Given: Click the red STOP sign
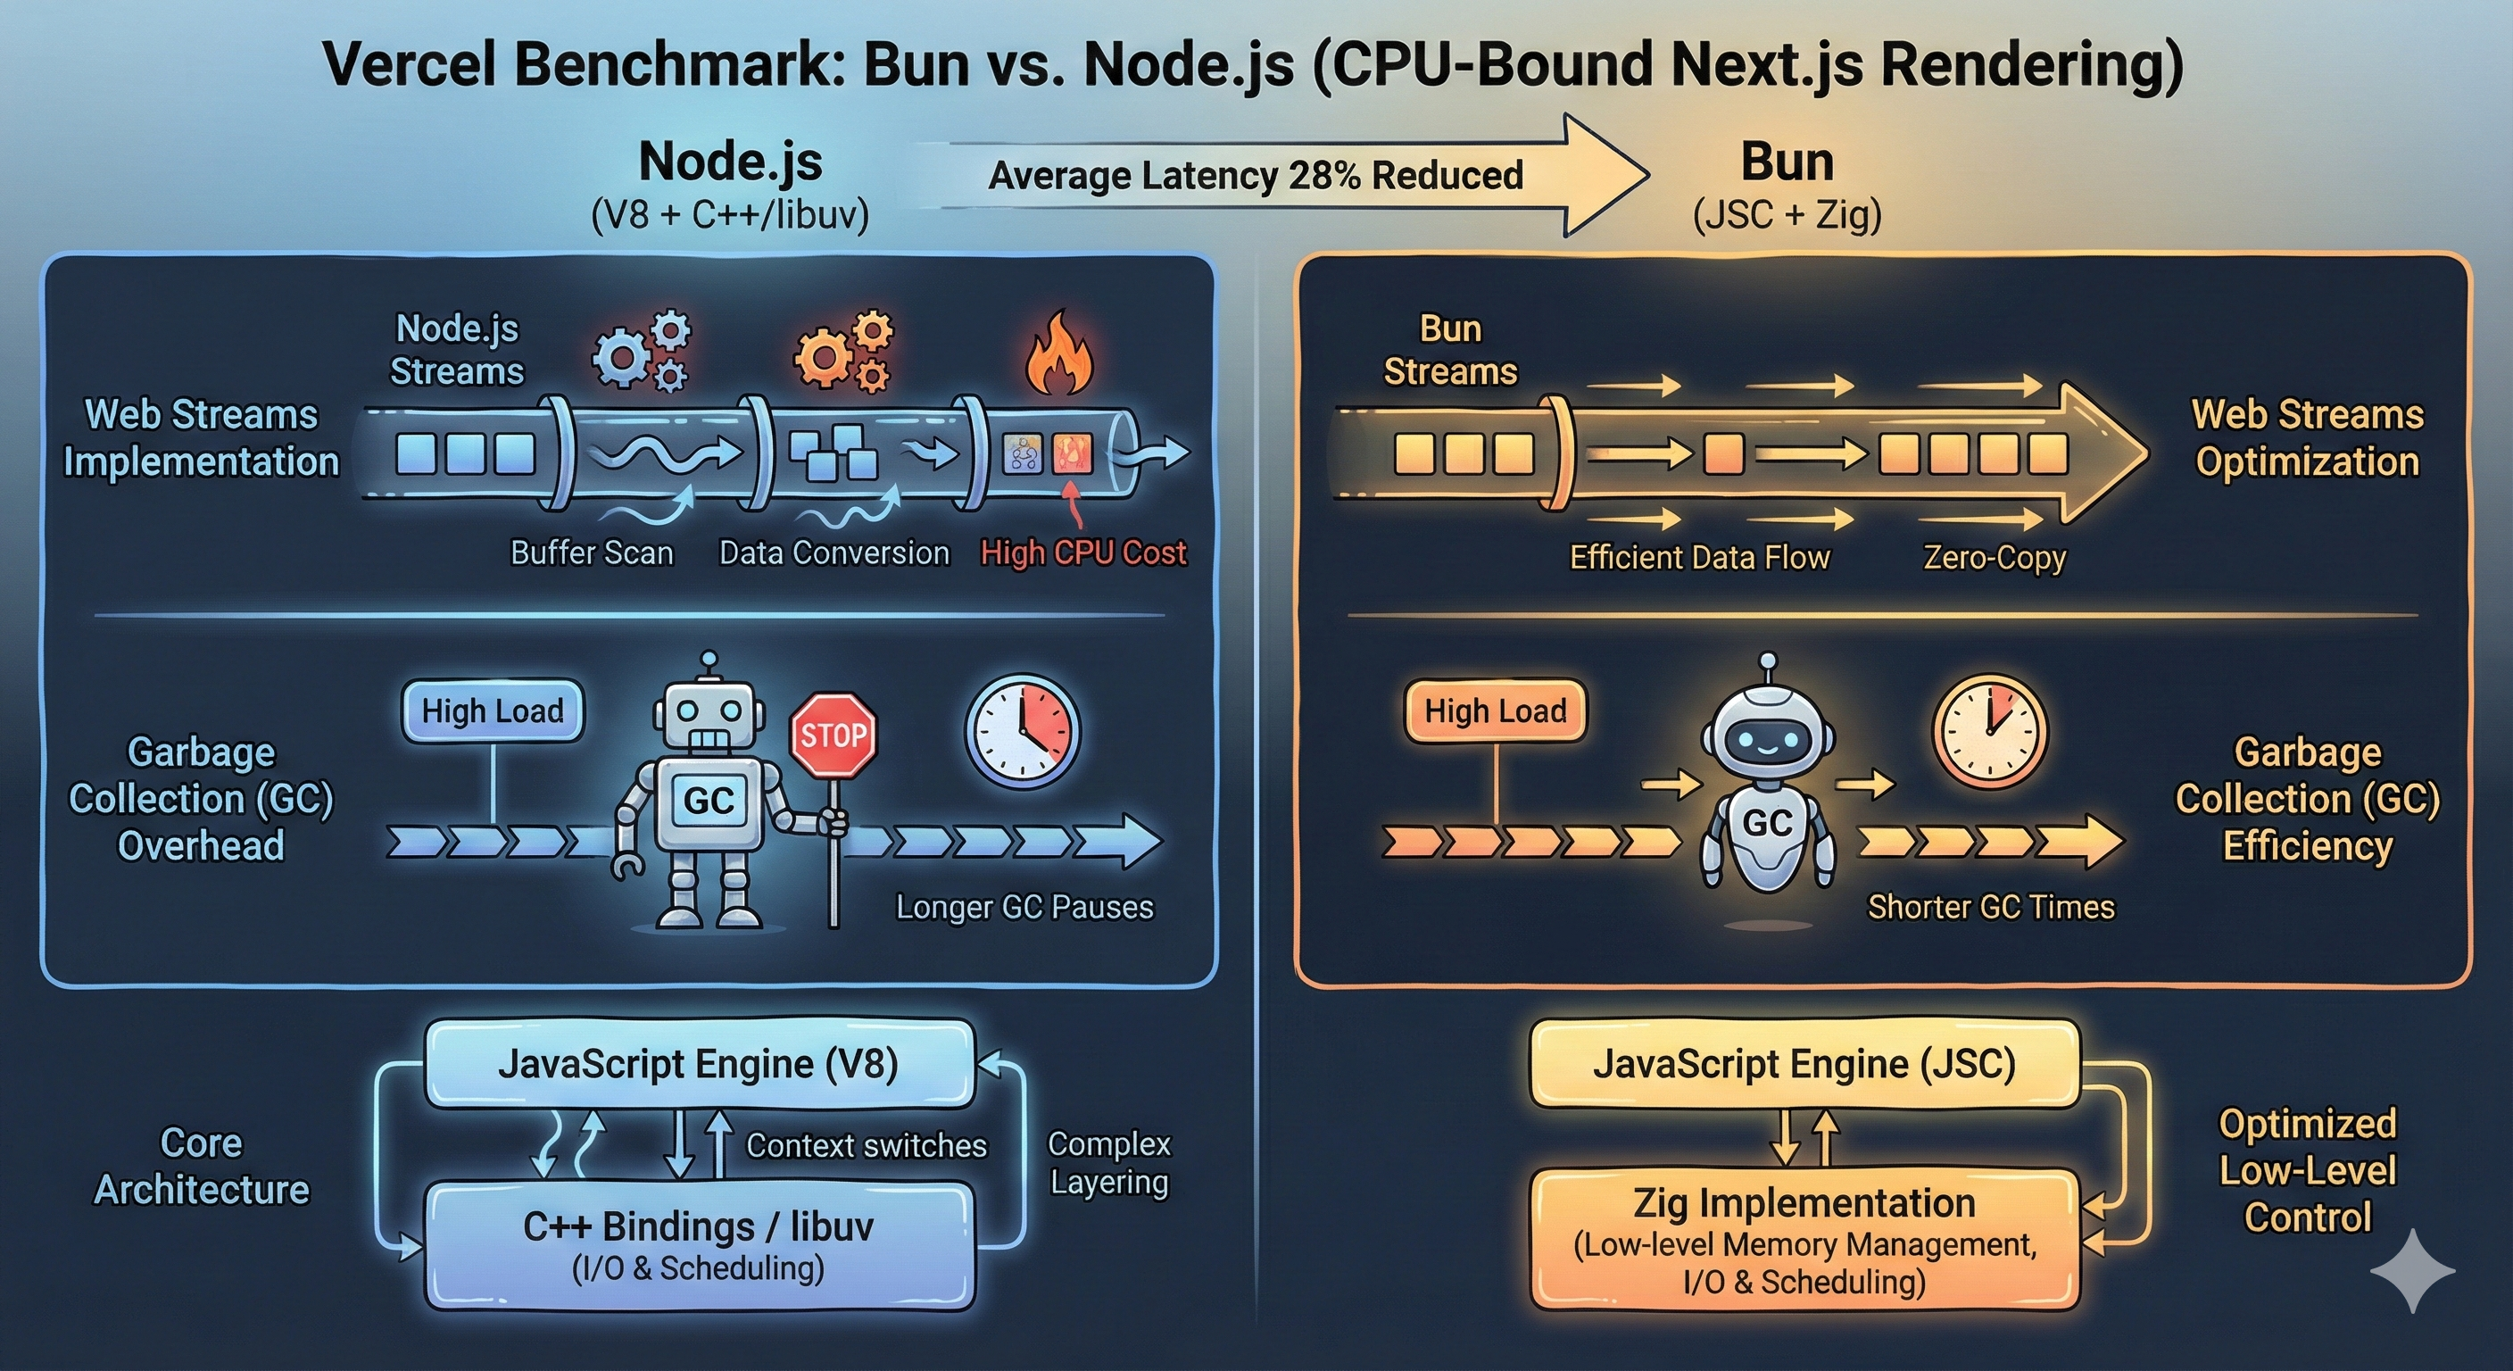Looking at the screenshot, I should point(834,735).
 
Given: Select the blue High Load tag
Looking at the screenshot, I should point(493,711).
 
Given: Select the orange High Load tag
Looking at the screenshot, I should point(1495,711).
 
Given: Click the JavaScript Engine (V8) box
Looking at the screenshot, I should point(700,1064).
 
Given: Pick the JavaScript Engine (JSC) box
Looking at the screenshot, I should point(1804,1064).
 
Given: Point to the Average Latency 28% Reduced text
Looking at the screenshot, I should point(1256,176).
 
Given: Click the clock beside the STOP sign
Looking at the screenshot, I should point(1023,730).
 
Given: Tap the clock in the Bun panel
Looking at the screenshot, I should point(1989,730).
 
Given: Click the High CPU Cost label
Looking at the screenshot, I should point(1082,553).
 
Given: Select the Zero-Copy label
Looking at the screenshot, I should point(1994,557).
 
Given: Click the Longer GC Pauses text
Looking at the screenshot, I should point(1024,908).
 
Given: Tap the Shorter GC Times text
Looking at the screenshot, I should point(1990,908).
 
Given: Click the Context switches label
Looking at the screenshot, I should point(867,1145).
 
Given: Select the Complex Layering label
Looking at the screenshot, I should point(1109,1163).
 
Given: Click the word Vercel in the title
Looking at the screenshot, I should point(410,66).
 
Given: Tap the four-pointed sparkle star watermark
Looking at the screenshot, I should point(2412,1270).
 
